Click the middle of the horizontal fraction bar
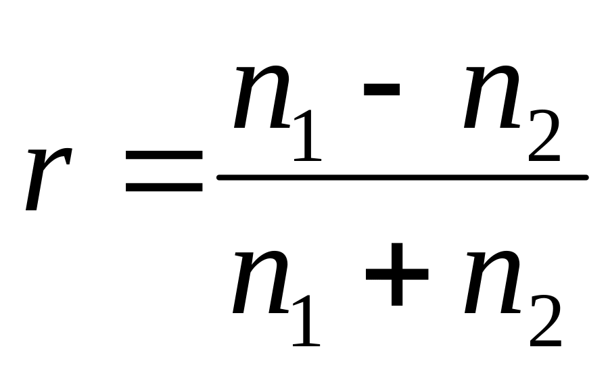click(402, 177)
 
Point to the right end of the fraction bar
click(585, 177)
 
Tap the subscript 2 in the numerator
click(544, 137)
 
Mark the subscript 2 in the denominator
click(544, 323)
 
